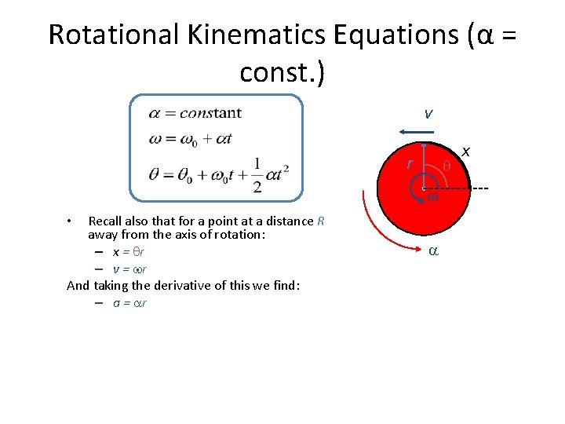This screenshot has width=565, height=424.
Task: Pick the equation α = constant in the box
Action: [x=195, y=113]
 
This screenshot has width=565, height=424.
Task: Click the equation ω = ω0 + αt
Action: [x=190, y=139]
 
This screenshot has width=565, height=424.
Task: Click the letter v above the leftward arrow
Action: [x=428, y=114]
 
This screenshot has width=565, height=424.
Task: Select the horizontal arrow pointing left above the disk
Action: [x=409, y=132]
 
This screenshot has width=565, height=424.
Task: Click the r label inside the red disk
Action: [x=409, y=164]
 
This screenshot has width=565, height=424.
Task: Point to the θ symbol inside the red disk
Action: [x=446, y=166]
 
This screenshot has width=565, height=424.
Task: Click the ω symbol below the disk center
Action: [x=432, y=198]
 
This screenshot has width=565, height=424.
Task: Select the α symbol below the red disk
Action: [x=432, y=251]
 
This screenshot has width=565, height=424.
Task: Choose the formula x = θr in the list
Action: [x=129, y=252]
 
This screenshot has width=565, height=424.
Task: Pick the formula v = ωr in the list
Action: [x=129, y=269]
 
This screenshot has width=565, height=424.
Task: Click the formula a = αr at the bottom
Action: [x=129, y=302]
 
